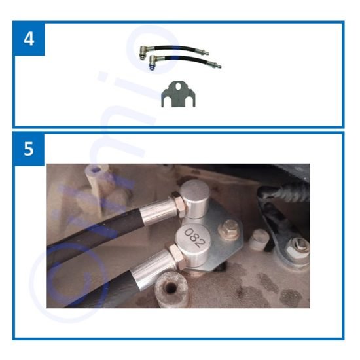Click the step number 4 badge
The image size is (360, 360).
point(29,38)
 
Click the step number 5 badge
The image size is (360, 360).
point(29,149)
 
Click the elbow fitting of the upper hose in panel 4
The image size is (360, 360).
point(143,50)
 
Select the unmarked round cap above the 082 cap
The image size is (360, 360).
point(195,196)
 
